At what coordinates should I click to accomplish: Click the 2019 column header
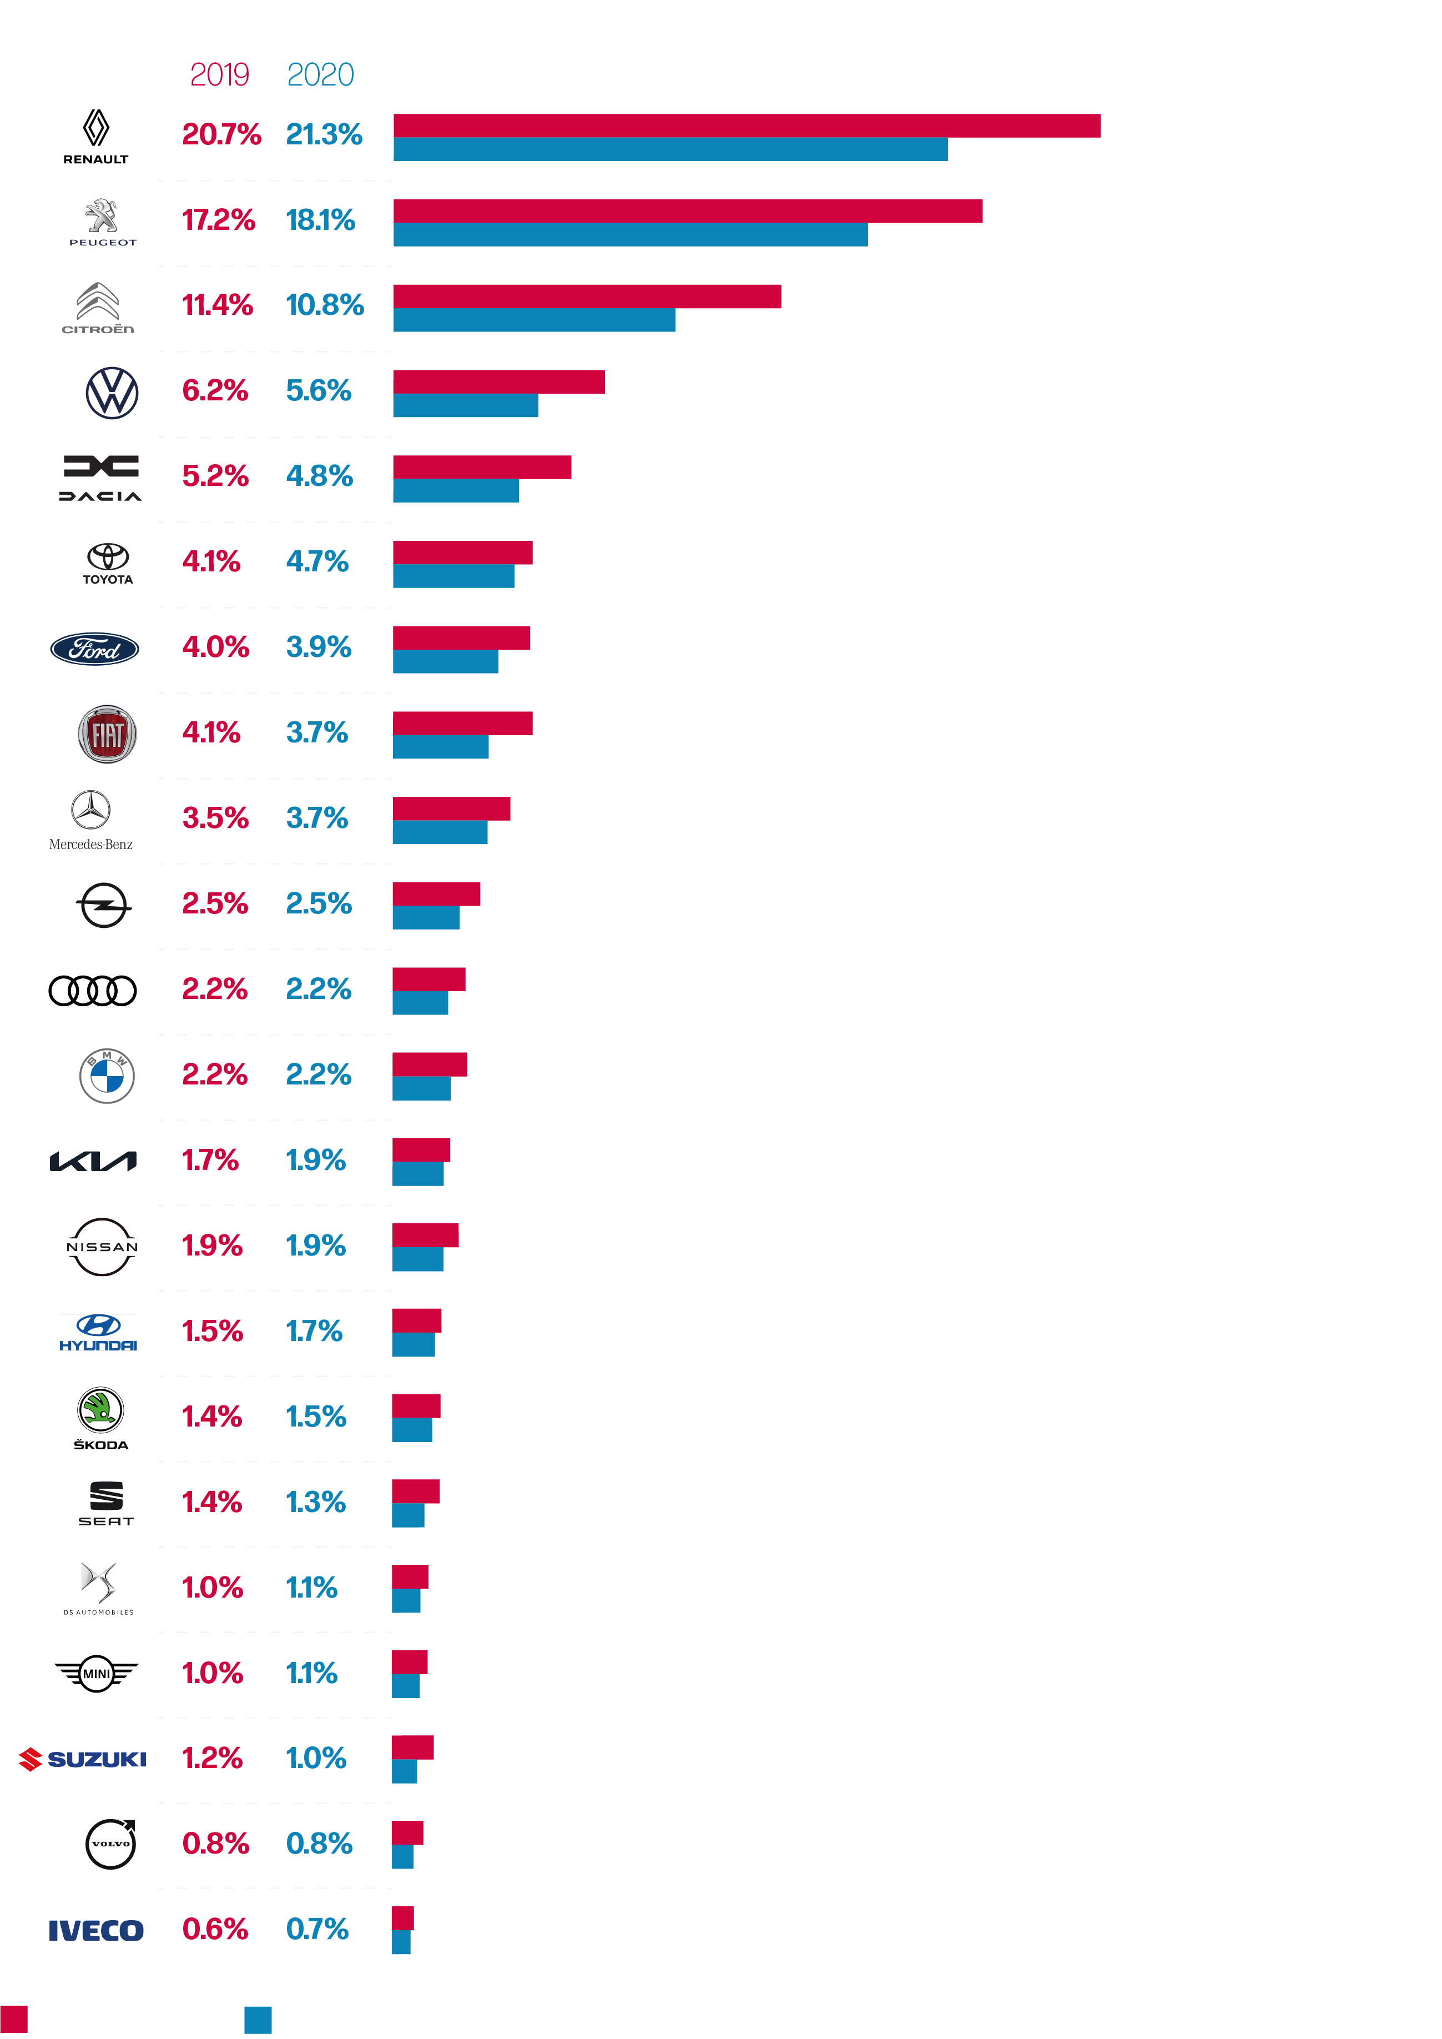219,74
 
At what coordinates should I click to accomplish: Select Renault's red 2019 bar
746,125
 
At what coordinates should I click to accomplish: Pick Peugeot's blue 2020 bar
631,234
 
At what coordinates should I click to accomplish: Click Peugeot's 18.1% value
320,219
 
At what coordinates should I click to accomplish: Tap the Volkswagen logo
112,393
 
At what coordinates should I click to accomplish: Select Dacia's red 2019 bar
482,467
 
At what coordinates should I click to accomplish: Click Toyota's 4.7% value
317,561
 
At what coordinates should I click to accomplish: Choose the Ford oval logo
94,649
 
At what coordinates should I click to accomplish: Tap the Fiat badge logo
108,735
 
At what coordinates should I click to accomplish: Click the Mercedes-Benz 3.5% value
215,818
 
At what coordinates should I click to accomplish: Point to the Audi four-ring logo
92,990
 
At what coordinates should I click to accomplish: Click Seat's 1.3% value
315,1501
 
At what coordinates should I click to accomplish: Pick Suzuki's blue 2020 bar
404,1771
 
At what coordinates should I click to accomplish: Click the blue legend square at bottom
258,2020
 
